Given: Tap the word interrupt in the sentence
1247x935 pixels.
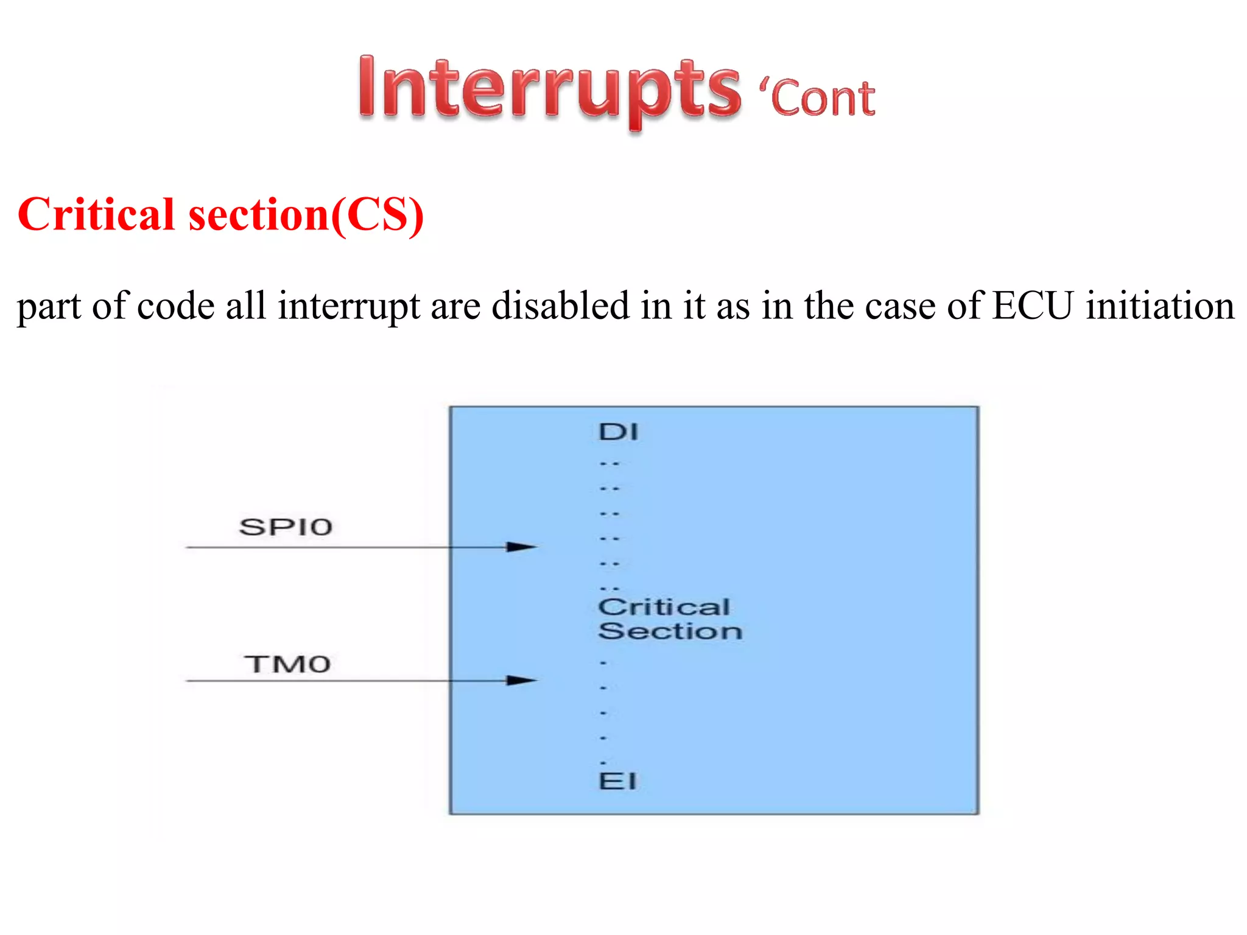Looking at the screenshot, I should point(348,307).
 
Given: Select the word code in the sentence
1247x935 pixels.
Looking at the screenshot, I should point(175,306).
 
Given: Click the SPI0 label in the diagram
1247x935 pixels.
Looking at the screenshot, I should point(286,527).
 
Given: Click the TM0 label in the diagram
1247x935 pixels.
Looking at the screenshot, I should point(287,664).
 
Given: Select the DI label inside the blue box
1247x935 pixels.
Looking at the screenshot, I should point(619,432).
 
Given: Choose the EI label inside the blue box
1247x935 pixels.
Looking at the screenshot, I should point(617,781).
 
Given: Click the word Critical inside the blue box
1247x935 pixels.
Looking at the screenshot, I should point(664,607).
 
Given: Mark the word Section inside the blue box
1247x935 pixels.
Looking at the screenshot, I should point(670,631).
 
